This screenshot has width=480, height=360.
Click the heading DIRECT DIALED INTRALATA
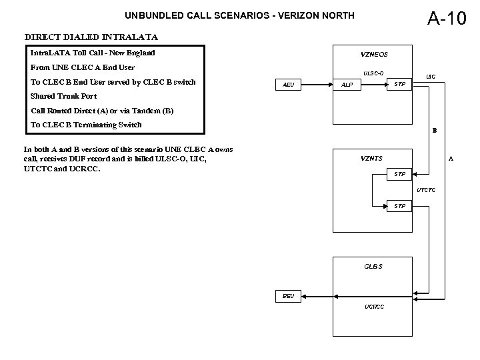[91, 37]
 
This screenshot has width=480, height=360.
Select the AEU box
[289, 85]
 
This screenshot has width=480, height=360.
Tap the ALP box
[347, 85]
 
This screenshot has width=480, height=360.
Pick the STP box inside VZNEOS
[399, 84]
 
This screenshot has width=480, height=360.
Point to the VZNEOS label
[374, 54]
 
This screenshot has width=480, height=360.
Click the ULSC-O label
[373, 73]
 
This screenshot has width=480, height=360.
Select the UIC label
[431, 77]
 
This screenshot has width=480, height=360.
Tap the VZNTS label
[371, 158]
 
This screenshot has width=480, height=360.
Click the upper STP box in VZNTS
[399, 175]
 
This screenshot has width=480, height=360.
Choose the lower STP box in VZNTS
[399, 206]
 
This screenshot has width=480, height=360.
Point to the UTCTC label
[426, 191]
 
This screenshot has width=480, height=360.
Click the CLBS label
[373, 266]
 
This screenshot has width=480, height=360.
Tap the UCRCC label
[373, 307]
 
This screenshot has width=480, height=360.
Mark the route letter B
[434, 131]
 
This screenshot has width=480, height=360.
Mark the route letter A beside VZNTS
[451, 159]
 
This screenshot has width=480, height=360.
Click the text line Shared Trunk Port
[64, 96]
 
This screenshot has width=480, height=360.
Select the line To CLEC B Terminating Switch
[87, 125]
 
